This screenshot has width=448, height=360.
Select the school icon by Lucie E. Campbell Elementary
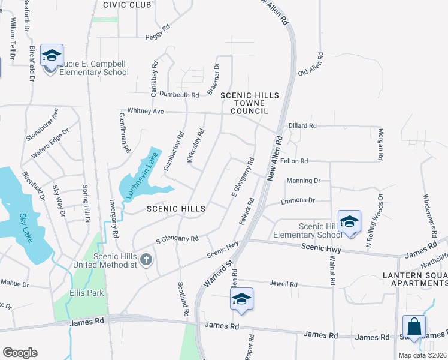pos(52,56)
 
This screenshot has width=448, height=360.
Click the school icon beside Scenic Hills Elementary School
pos(349,221)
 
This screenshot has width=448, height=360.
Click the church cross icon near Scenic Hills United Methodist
pos(146,259)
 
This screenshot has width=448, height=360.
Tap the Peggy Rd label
pos(158,37)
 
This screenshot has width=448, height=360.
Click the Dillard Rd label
pos(302,126)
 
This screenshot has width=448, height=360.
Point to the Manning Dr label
pos(304,180)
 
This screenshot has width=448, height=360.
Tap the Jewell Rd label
pos(283,284)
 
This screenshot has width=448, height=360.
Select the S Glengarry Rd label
pos(177,239)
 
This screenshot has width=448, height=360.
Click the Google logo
pos(20,352)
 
